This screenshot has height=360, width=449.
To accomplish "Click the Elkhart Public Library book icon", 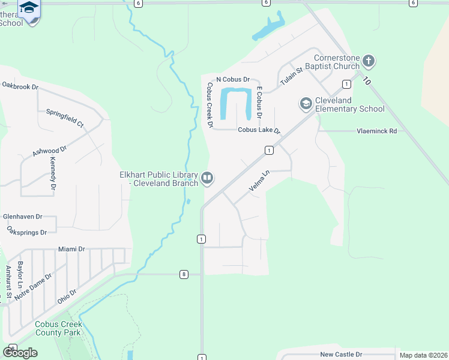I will click(x=207, y=177).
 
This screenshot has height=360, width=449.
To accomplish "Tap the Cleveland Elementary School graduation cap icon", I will click(x=306, y=104).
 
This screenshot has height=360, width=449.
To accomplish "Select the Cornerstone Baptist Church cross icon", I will click(x=369, y=61).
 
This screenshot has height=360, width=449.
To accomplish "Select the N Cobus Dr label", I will click(x=232, y=79).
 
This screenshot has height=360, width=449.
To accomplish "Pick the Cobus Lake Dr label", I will click(x=259, y=130).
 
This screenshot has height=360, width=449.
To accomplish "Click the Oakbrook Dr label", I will click(x=20, y=86).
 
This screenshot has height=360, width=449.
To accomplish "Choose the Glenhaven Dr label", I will click(x=23, y=216).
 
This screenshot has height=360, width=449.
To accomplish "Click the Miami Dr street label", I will click(x=72, y=249).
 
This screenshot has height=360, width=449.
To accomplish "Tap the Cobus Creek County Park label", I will click(x=58, y=328).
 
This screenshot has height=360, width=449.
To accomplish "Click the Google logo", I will click(x=20, y=352).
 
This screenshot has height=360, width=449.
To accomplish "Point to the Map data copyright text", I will click(x=423, y=355).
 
